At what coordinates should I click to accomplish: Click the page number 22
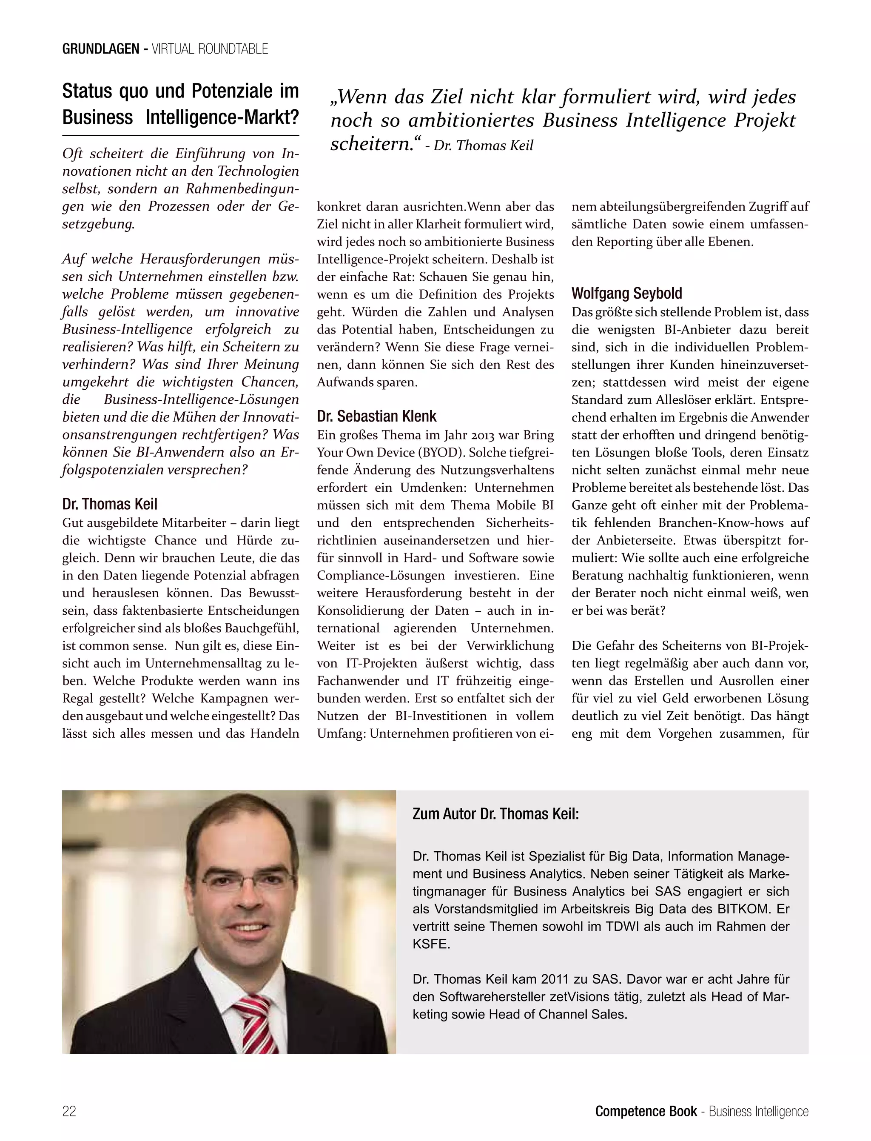(69, 1111)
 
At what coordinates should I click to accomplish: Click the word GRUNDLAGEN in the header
(100, 49)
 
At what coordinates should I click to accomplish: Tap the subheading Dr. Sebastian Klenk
(376, 416)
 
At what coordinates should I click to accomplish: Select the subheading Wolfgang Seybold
(626, 294)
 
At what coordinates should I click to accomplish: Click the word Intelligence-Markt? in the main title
(222, 117)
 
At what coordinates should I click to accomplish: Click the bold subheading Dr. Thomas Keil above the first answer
(109, 504)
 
